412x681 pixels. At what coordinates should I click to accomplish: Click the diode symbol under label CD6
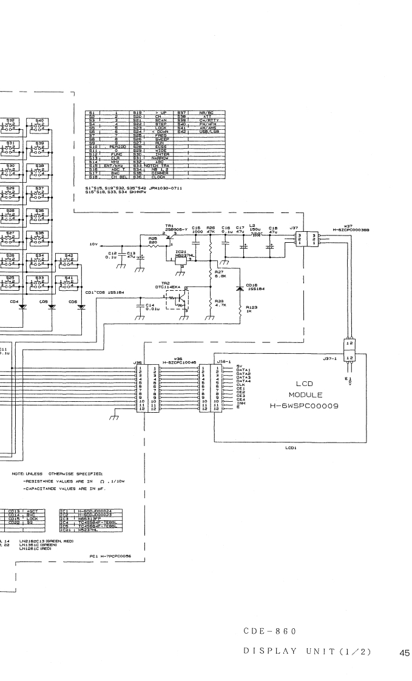tap(82, 307)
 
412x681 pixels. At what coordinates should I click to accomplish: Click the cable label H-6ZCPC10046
tap(178, 361)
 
